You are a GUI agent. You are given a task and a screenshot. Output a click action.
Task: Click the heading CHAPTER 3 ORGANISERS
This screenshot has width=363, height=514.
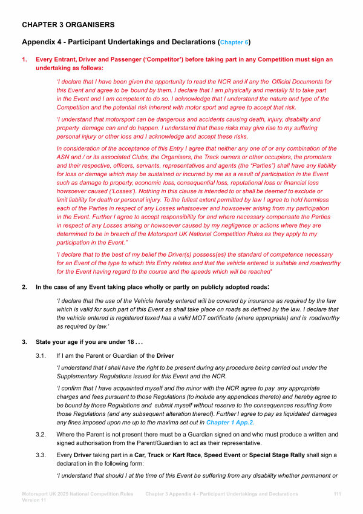click(68, 25)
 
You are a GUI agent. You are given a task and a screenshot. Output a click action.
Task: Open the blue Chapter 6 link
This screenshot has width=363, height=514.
click(234, 43)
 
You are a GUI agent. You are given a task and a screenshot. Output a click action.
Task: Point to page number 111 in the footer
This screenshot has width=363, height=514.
click(338, 494)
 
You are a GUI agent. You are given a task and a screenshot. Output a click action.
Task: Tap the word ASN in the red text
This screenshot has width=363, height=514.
click(65, 156)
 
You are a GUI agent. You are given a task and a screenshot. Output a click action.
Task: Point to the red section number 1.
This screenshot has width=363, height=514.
click(24, 59)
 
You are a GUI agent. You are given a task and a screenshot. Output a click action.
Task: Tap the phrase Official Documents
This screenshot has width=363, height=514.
click(298, 81)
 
